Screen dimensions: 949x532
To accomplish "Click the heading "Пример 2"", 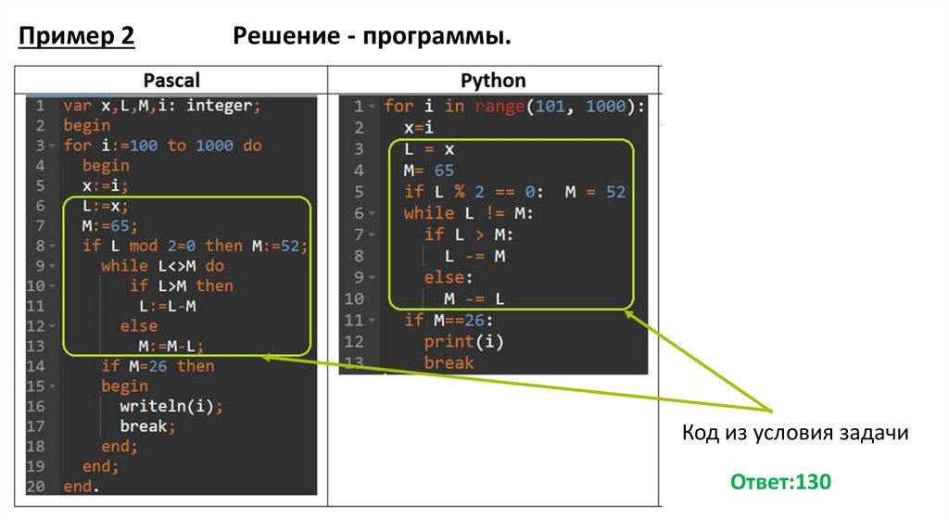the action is coord(76,36).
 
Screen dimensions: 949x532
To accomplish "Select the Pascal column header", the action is coord(171,80).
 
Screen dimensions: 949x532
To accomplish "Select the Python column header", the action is coord(493,80).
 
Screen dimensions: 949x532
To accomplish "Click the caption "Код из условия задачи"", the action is coord(794,433).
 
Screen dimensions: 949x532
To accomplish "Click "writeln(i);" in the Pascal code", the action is coord(171,406).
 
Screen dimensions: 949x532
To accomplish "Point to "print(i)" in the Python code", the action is coord(463,341).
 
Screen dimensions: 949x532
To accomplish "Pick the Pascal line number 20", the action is coord(36,486).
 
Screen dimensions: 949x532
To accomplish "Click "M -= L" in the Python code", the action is coord(473,298).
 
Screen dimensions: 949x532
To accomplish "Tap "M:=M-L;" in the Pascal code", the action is coord(171,346).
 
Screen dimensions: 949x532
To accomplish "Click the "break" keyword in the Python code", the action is coord(449,362).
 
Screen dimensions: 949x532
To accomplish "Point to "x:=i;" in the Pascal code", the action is coord(105,185).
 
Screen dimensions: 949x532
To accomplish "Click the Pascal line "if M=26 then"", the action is coord(158,366).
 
